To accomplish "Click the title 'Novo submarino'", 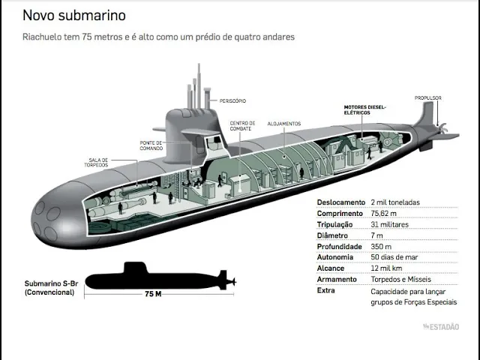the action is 74,15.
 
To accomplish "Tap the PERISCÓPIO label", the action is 232,100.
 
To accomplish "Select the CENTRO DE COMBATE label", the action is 242,126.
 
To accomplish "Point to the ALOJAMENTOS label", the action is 284,124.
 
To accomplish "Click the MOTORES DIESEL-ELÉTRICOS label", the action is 365,110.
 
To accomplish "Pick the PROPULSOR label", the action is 428,98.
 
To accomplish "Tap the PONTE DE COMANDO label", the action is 151,145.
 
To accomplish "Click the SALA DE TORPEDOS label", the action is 97,163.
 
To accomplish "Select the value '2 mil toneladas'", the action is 395,202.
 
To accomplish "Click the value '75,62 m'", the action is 383,213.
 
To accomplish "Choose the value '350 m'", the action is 381,247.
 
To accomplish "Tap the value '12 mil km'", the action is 386,268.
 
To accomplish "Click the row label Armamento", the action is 337,279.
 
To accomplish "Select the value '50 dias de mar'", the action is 394,257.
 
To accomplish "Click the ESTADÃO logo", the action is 441,327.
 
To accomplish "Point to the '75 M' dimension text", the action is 153,294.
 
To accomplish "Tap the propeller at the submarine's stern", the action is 442,128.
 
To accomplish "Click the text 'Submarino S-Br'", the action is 51,283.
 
